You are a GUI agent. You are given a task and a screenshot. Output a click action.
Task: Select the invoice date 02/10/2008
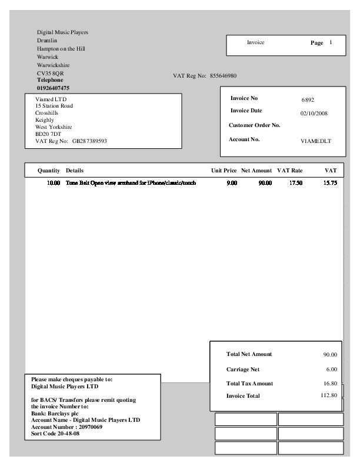(314, 113)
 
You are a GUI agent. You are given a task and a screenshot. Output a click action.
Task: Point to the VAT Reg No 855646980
(223, 76)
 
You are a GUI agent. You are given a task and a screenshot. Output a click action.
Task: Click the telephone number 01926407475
(53, 88)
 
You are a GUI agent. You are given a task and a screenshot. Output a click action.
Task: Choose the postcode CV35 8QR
(50, 73)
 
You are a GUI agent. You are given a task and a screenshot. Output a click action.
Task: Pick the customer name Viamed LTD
(51, 99)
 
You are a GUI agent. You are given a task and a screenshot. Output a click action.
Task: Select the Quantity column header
(49, 171)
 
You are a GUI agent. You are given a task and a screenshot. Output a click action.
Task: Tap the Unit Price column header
(224, 171)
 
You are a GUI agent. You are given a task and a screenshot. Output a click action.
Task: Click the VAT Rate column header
(289, 171)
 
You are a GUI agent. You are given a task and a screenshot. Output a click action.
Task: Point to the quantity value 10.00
(54, 184)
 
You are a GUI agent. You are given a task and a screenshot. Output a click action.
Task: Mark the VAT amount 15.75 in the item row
(330, 184)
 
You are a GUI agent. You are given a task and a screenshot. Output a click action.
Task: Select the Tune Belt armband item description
(131, 184)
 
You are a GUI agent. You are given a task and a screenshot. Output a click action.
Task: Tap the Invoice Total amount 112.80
(329, 395)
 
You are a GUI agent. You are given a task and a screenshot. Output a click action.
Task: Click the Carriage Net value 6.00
(331, 370)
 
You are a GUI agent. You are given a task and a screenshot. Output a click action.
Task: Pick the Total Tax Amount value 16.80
(330, 383)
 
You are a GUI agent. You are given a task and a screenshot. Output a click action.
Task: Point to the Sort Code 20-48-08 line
(55, 434)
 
